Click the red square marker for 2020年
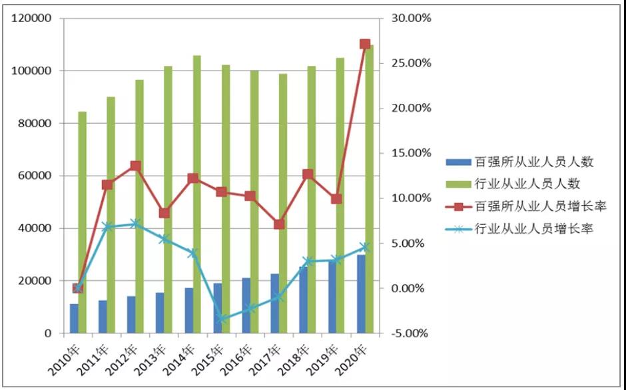pyautogui.click(x=365, y=45)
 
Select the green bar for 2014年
pyautogui.click(x=197, y=193)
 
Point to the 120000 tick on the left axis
pyautogui.click(x=32, y=18)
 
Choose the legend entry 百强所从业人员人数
pyautogui.click(x=533, y=161)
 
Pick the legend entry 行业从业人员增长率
pyautogui.click(x=533, y=229)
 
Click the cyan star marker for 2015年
pyautogui.click(x=222, y=319)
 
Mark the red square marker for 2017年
pyautogui.click(x=279, y=224)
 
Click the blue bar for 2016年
pyautogui.click(x=246, y=305)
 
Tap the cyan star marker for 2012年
pyautogui.click(x=135, y=224)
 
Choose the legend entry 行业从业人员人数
pyautogui.click(x=533, y=184)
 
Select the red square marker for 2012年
pyautogui.click(x=135, y=166)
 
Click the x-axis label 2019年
pyautogui.click(x=326, y=358)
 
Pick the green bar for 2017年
pyautogui.click(x=283, y=203)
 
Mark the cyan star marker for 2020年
pyautogui.click(x=365, y=247)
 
